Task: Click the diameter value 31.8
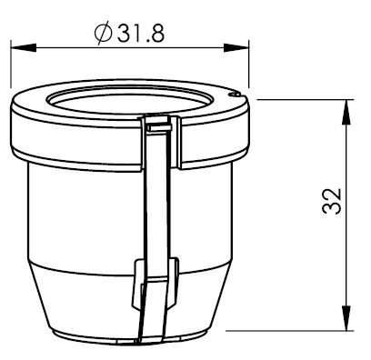point(141,34)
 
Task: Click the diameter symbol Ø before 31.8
point(103,34)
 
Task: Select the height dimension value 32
point(332,202)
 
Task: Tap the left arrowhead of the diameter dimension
point(24,48)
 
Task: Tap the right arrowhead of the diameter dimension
point(236,48)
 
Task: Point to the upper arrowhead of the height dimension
point(346,112)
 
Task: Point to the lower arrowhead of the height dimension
point(346,318)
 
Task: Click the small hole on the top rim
point(235,95)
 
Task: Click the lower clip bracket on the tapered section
point(155,284)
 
